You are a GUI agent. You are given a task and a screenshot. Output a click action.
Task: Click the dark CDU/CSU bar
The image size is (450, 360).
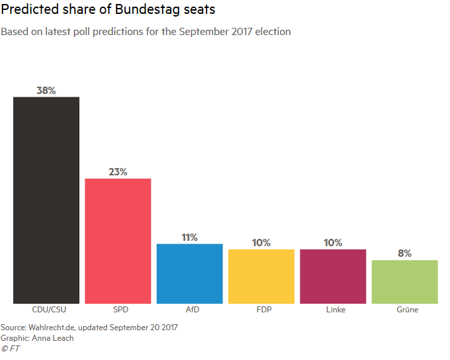tap(46, 201)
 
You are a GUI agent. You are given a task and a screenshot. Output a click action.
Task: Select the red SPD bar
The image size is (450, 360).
tap(118, 241)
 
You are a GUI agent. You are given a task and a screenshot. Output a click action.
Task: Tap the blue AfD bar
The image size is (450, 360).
tap(189, 273)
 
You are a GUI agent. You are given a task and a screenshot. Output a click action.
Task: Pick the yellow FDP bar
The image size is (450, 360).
tap(261, 276)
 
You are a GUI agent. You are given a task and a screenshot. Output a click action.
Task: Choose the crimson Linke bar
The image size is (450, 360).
tap(333, 276)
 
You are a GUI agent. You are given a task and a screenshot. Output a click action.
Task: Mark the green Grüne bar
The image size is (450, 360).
tap(404, 281)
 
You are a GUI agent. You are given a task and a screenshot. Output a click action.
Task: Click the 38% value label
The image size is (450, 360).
tap(46, 91)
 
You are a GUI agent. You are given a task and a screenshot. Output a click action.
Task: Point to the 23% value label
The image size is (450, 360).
tap(118, 172)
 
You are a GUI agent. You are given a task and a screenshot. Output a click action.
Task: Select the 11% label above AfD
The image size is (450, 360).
tap(189, 237)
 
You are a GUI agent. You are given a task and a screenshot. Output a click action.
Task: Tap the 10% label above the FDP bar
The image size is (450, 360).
tap(261, 243)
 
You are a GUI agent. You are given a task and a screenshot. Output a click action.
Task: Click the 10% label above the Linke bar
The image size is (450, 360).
tap(333, 243)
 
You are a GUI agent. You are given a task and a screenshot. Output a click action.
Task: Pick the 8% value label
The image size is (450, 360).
tap(404, 253)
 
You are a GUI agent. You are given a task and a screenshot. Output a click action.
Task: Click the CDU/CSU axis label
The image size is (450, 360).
tap(46, 310)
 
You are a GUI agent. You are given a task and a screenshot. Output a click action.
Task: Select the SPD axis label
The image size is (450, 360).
tap(118, 310)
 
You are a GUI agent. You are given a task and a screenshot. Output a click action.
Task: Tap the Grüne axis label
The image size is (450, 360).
tap(404, 310)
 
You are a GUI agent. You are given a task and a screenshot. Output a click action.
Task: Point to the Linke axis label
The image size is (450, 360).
tap(333, 310)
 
